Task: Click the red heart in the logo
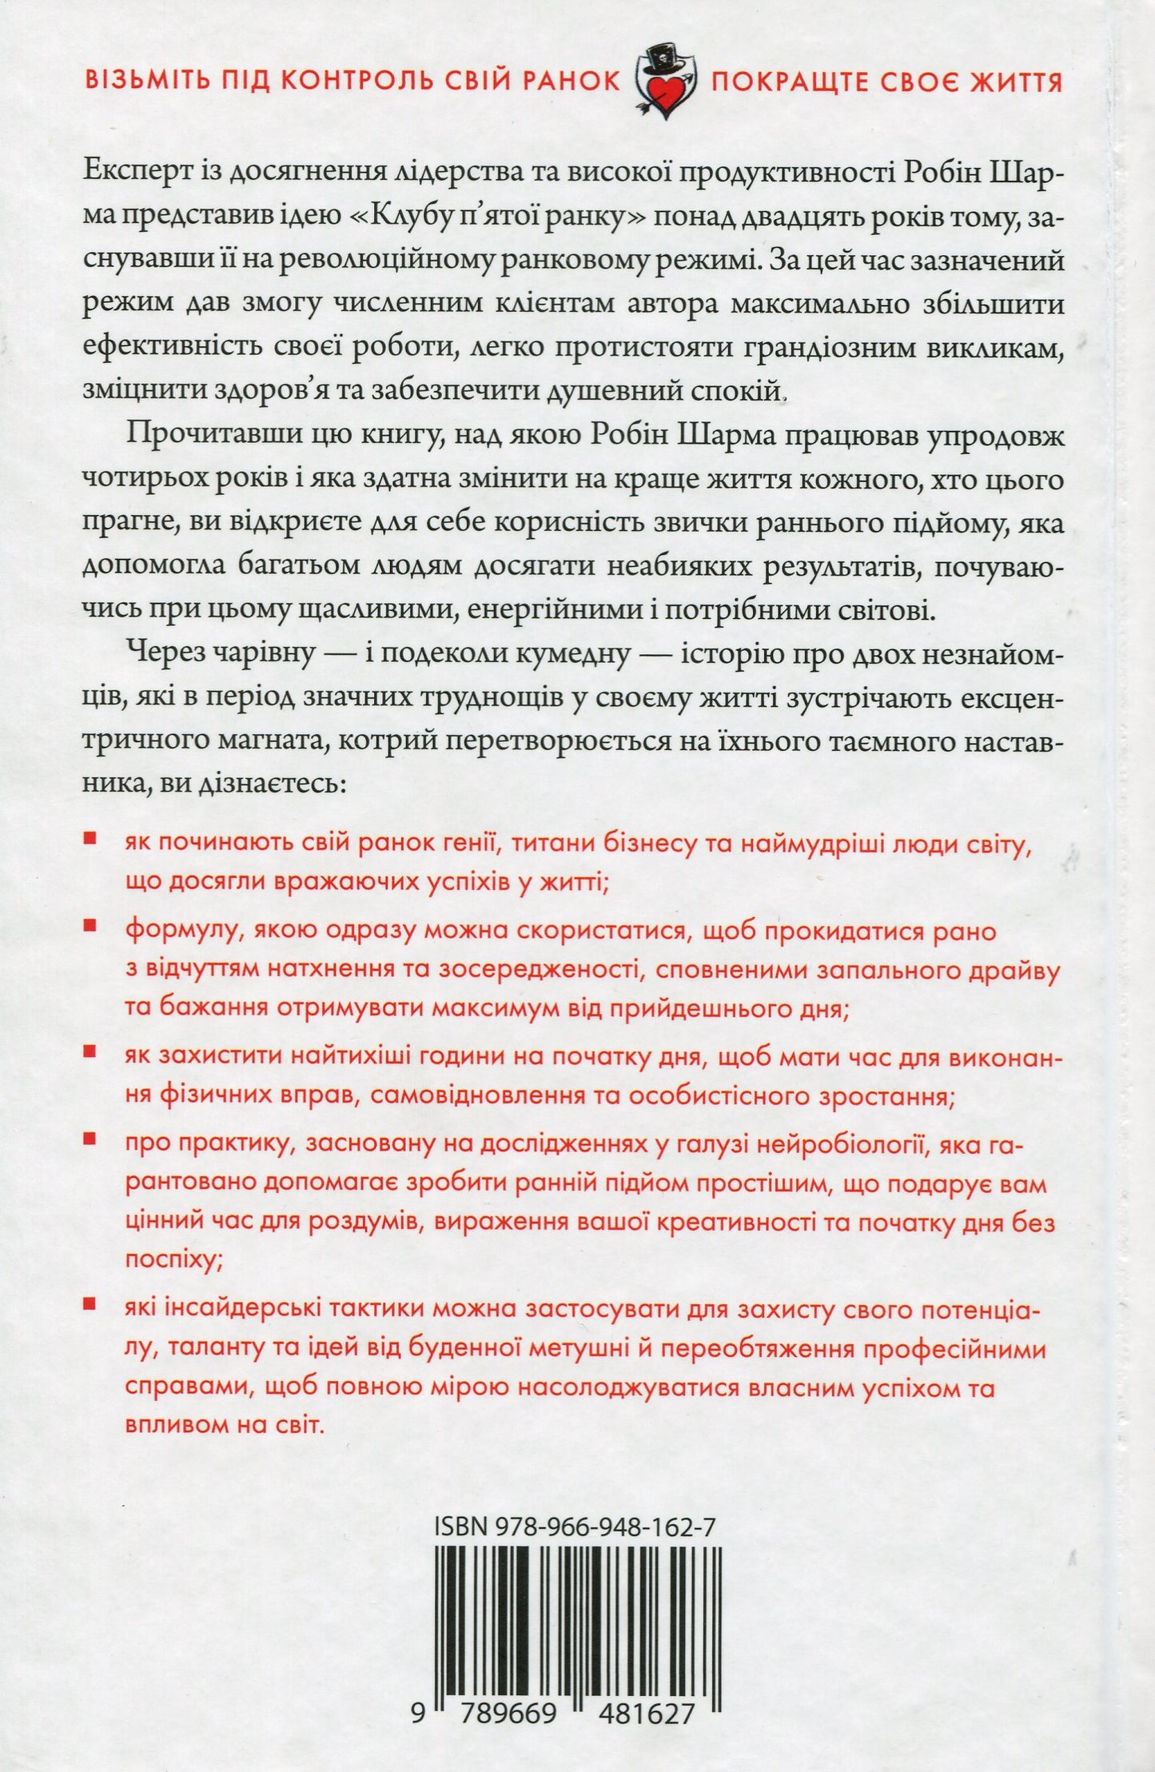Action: (665, 94)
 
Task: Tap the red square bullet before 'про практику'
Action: (90, 1137)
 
